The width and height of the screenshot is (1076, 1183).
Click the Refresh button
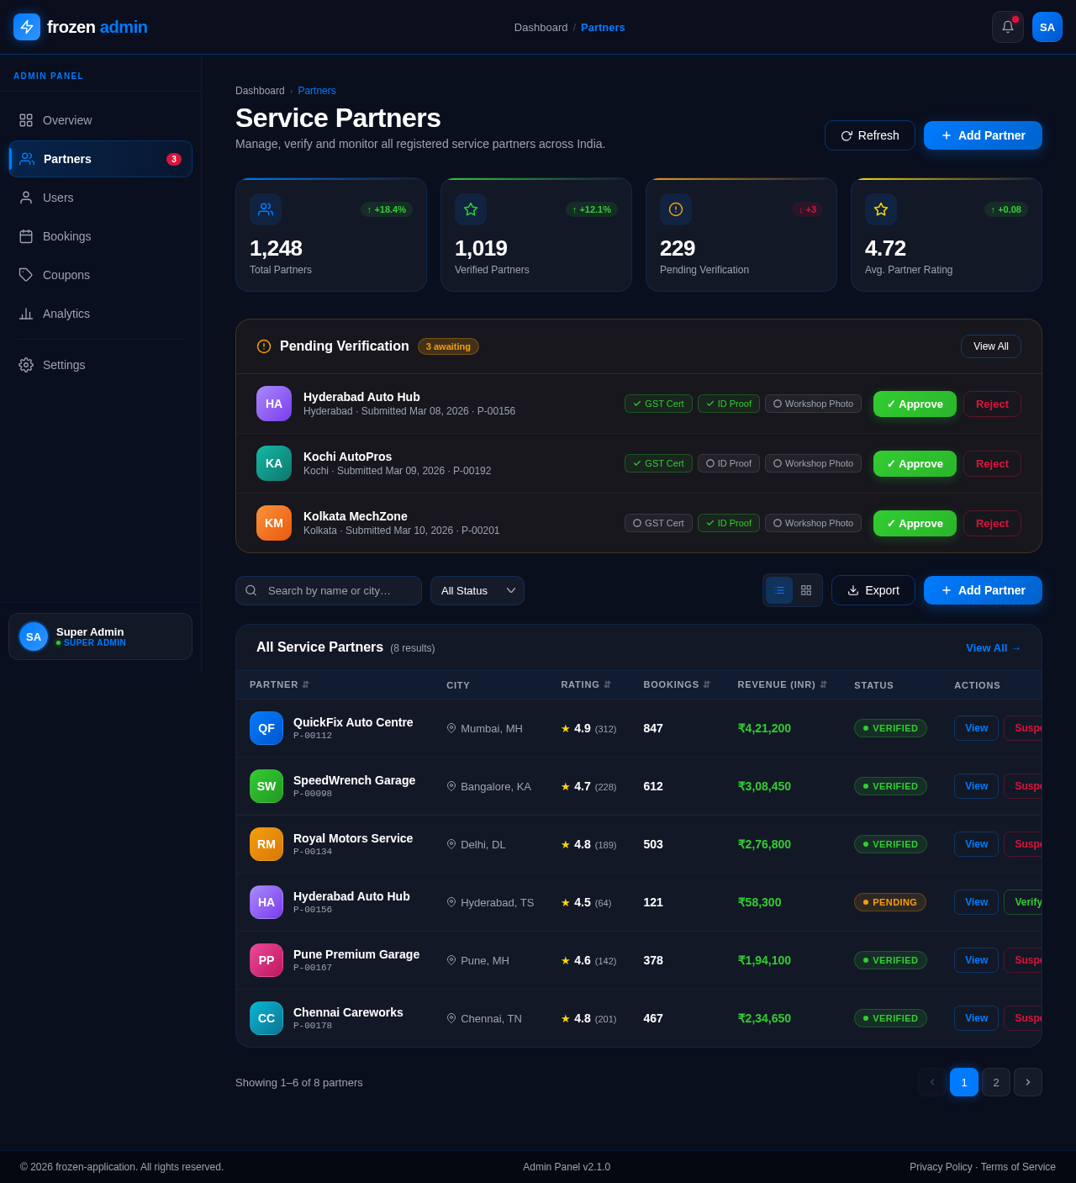tap(869, 135)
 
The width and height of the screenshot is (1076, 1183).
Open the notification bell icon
tap(1007, 27)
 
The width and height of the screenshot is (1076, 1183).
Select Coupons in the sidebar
tap(66, 275)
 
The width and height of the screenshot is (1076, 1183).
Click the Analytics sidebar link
tap(66, 314)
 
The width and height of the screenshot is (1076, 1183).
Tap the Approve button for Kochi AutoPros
tap(915, 463)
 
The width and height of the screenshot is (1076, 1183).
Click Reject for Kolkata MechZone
tap(992, 523)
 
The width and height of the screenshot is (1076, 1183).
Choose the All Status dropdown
tap(477, 590)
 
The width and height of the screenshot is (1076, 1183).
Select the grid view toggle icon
tap(806, 590)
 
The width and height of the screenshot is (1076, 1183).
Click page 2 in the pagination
tap(996, 1082)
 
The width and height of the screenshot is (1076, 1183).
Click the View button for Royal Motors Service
tap(976, 844)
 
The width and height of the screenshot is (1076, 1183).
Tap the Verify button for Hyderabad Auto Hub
tap(1026, 902)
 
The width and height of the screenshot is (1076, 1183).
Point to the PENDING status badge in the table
tap(889, 902)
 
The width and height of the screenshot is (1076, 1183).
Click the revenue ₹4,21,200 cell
tap(764, 728)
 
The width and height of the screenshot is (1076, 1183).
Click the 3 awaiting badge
tap(448, 346)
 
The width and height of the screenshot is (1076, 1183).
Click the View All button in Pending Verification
tap(990, 346)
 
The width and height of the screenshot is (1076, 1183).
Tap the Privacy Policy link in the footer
tap(941, 1167)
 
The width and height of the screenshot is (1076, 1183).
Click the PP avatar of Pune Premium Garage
tap(266, 960)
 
